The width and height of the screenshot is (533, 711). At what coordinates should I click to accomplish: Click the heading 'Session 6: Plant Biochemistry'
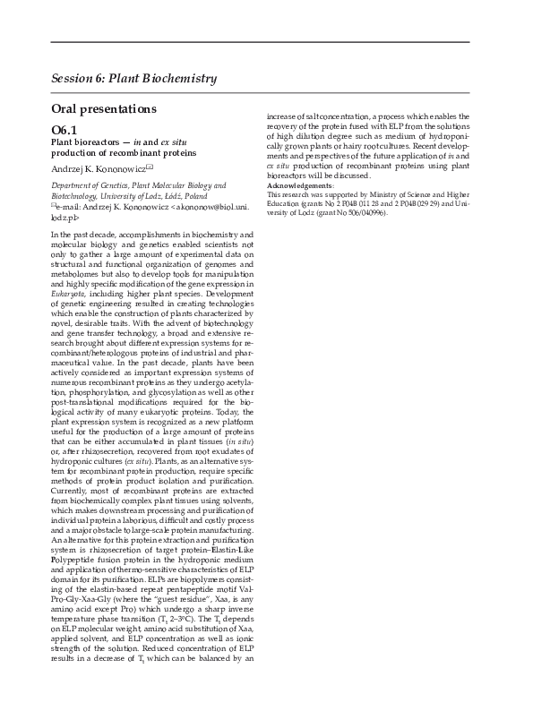click(134, 78)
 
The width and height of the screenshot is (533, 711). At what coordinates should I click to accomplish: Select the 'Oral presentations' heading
click(104, 109)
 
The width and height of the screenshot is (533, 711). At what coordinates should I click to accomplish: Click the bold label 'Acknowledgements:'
click(301, 185)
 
